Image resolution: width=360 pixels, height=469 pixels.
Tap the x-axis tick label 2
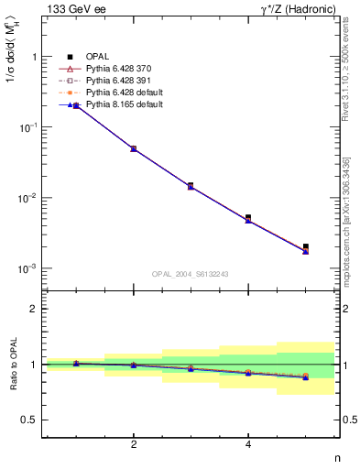point(134,444)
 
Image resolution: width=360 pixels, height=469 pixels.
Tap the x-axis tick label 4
point(248,444)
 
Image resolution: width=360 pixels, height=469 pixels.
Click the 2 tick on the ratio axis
point(33,309)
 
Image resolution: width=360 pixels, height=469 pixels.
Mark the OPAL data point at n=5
point(306,246)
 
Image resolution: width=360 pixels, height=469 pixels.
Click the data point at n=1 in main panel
point(76,106)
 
